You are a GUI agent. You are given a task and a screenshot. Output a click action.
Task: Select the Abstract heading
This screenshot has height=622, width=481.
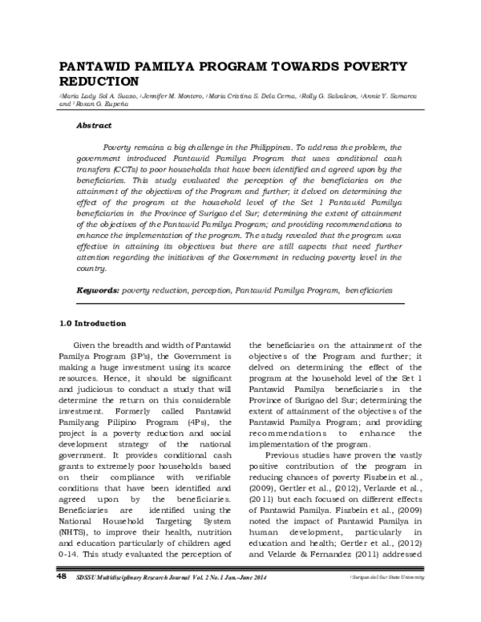[x=94, y=127]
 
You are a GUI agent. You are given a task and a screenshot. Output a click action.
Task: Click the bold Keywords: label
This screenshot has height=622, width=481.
[x=98, y=289]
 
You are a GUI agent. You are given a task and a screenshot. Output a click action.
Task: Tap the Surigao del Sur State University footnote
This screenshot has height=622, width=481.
[x=390, y=600]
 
